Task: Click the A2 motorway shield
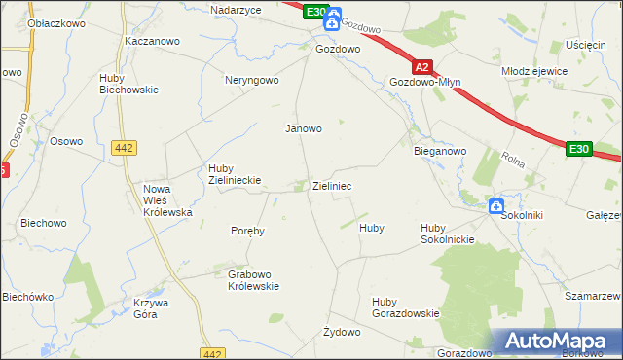coord(421,67)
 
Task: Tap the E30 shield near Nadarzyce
coord(312,11)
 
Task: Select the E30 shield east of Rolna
coord(579,148)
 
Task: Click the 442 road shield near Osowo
coord(124,147)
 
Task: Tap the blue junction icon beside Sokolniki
coord(495,205)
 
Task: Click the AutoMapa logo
coord(557,342)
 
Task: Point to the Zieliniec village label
coord(332,185)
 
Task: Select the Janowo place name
coord(303,127)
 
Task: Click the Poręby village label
coord(247,231)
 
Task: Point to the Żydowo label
coord(342,332)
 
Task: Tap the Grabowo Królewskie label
coord(253,280)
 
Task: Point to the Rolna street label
coord(513,158)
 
